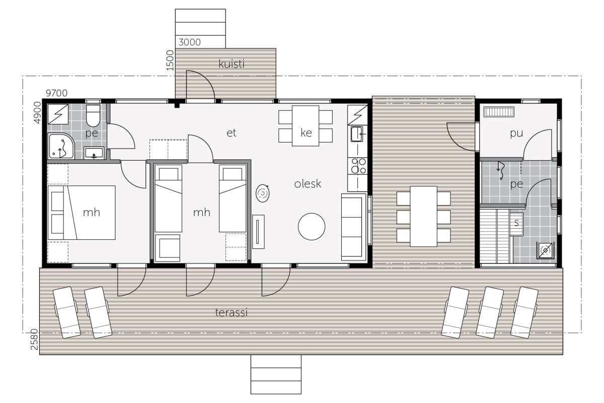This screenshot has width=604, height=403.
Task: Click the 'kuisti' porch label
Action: [232, 64]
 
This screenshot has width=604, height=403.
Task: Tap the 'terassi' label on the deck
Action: [232, 312]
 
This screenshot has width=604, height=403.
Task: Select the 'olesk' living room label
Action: [308, 184]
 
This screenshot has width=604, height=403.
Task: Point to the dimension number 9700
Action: [56, 93]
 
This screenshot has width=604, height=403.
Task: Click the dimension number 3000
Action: [190, 42]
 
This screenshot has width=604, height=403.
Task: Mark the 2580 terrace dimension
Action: [35, 340]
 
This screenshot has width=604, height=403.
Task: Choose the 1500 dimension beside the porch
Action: [171, 60]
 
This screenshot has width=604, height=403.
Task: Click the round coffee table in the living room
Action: [312, 227]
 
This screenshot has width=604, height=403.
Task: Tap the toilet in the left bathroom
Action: [93, 115]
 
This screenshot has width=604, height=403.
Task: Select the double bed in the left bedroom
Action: [82, 213]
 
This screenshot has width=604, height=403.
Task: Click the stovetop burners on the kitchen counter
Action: [357, 166]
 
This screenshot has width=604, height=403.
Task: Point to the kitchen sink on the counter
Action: [356, 134]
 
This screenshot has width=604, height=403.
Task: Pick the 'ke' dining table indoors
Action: [306, 126]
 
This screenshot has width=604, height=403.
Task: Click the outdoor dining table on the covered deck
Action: [424, 216]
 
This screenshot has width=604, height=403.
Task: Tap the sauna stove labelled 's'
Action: [516, 224]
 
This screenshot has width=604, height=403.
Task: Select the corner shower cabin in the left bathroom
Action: [61, 146]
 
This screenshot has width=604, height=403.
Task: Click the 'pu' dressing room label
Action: [516, 133]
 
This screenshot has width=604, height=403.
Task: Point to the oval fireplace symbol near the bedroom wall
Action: [262, 193]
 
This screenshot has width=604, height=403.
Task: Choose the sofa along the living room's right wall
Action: [354, 227]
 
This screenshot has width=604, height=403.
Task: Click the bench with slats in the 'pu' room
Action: [499, 112]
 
